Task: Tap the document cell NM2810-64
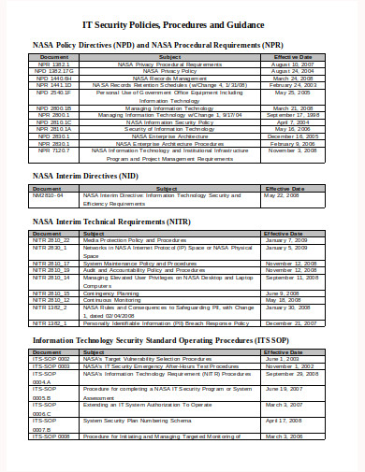(x=50, y=195)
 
